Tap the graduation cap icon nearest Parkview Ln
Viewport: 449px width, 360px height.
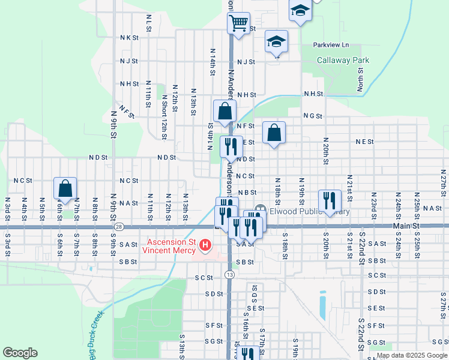tap(276, 41)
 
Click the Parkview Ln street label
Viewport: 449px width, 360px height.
tap(331, 45)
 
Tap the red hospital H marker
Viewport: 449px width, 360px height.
tap(205, 245)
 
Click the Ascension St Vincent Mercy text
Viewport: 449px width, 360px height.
tap(168, 247)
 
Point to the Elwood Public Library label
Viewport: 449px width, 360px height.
tap(309, 211)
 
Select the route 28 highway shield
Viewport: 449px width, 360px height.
tap(119, 227)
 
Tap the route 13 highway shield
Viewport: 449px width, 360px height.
tap(229, 274)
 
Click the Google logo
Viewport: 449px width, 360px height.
tap(20, 352)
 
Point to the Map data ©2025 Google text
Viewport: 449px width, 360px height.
tap(412, 355)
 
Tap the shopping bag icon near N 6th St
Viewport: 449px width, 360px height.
tap(65, 188)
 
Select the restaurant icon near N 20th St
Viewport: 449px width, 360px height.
tap(330, 200)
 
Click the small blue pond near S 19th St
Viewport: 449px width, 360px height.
tap(323, 305)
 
